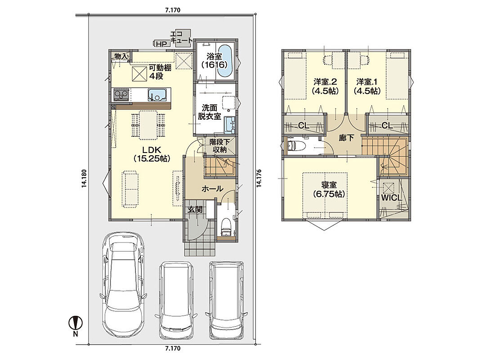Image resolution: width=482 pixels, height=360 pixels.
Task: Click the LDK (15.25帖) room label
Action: pos(152,154)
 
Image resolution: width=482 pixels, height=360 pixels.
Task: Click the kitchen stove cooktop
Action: pos(121,94)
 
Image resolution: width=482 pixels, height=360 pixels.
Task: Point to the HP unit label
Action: pos(161,44)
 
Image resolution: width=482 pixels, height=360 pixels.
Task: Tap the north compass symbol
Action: pos(76,325)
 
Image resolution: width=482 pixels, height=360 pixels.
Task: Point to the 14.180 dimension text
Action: pos(84,179)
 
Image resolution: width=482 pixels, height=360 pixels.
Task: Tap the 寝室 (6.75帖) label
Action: pos(329,189)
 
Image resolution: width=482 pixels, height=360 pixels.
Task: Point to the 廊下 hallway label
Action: pos(346,138)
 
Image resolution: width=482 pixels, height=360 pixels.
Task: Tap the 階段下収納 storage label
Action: pos(219,146)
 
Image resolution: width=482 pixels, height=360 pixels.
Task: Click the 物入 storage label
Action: pos(121,56)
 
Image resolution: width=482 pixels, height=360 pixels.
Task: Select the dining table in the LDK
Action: pos(148,125)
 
